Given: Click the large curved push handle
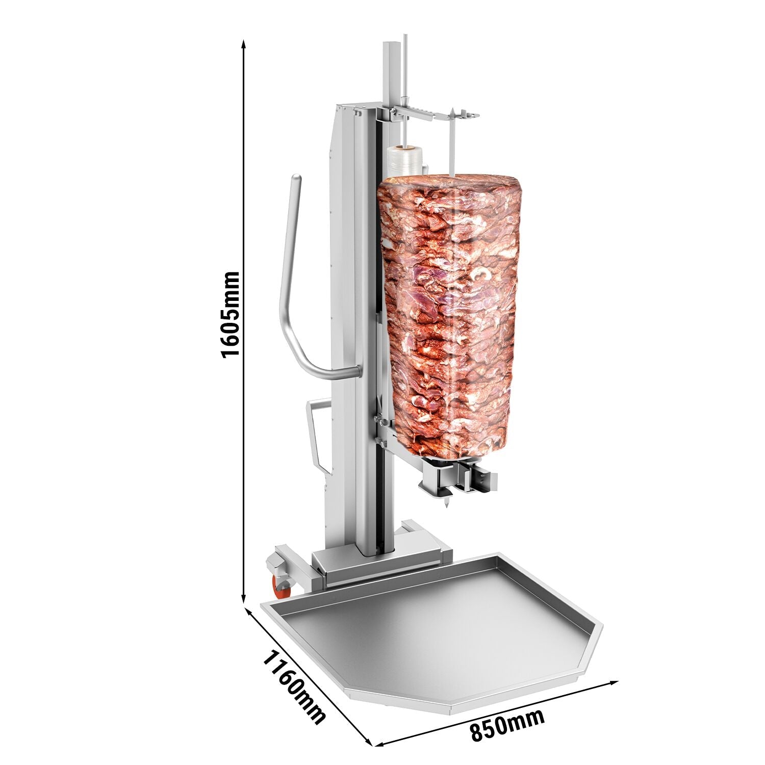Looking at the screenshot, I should pyautogui.click(x=291, y=286).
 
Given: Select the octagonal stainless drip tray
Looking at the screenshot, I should pyautogui.click(x=433, y=637).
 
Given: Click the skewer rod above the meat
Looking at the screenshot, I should pyautogui.click(x=452, y=153).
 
